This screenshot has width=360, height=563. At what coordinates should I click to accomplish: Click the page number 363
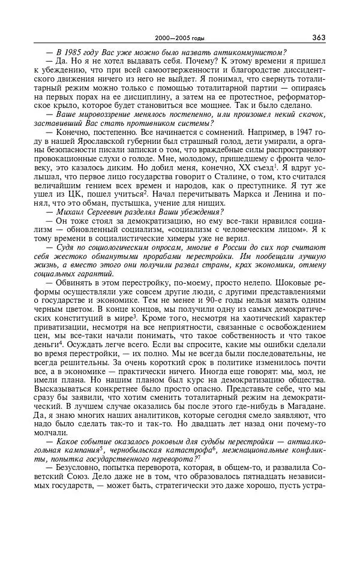click(x=318, y=38)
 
